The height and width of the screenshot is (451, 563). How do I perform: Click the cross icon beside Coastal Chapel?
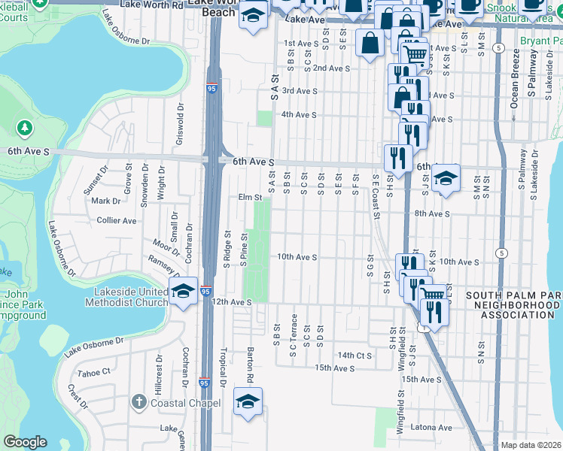click(138, 402)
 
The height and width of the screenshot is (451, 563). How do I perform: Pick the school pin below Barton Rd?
click(248, 402)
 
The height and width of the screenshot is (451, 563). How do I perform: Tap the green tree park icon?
click(25, 128)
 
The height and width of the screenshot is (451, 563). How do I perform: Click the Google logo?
click(25, 443)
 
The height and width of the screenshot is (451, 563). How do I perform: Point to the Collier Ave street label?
click(117, 221)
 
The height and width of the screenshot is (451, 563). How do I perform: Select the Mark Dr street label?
click(105, 201)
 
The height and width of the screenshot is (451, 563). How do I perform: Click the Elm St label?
click(248, 198)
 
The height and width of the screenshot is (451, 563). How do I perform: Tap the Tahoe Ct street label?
click(94, 372)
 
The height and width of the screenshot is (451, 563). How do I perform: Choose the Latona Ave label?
click(431, 428)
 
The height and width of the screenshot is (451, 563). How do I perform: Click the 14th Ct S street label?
click(355, 355)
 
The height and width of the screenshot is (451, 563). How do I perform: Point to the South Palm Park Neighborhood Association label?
click(513, 305)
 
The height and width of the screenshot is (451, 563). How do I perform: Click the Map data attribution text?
click(531, 445)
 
